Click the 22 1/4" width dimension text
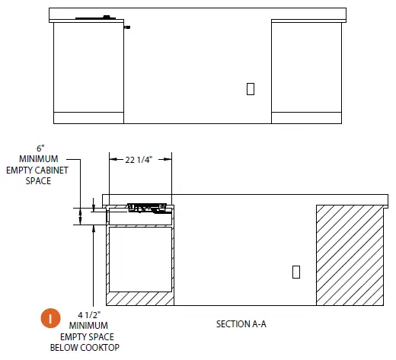[139, 159]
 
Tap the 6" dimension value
[41, 148]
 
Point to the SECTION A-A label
[242, 324]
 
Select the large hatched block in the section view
[349, 254]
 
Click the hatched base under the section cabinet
[140, 298]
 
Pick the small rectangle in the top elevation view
[250, 88]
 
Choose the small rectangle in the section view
[296, 271]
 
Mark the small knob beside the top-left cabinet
[127, 28]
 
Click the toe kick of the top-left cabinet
[88, 117]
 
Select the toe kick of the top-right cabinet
[306, 117]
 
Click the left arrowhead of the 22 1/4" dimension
[111, 159]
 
